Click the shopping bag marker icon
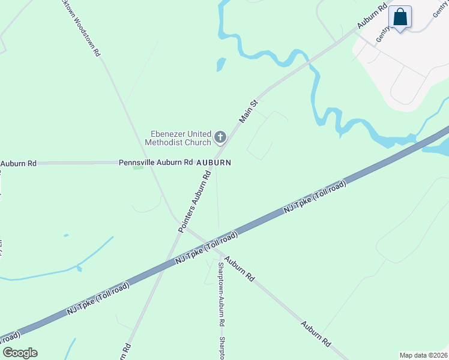(x=400, y=17)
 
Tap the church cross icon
(x=220, y=139)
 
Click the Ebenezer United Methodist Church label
(x=178, y=138)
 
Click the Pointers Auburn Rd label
(x=195, y=202)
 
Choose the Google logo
(x=20, y=353)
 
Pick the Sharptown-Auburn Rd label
(x=221, y=294)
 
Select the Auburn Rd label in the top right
(x=372, y=17)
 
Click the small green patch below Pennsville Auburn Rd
(x=138, y=167)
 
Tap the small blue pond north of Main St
(x=221, y=64)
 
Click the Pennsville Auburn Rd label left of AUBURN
(x=155, y=162)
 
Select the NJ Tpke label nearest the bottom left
(x=98, y=299)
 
